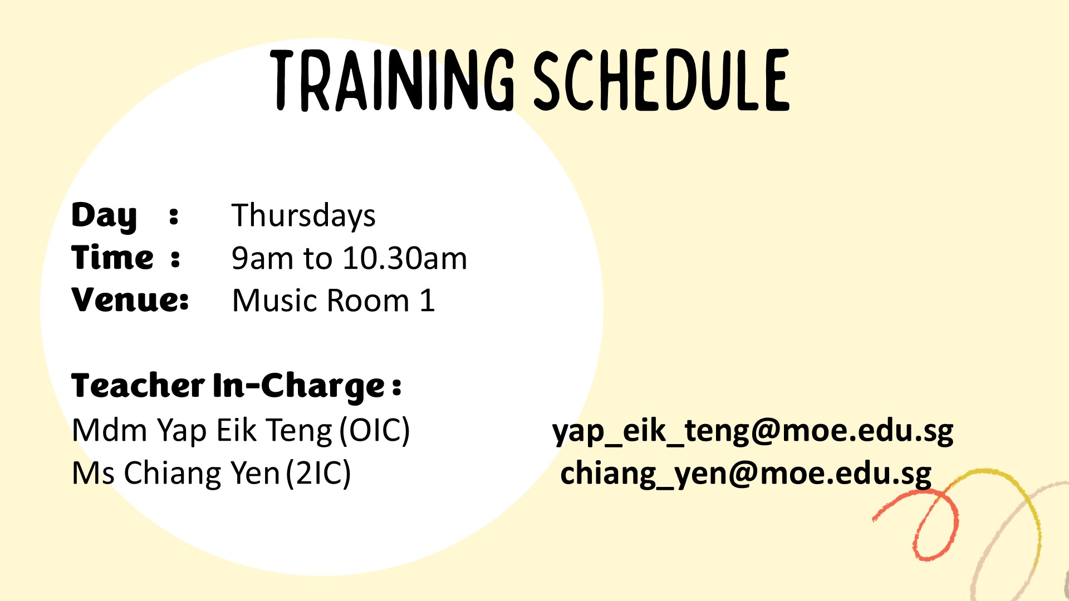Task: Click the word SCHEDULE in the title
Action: (x=661, y=80)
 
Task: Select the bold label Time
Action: (x=112, y=257)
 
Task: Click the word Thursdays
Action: (x=303, y=216)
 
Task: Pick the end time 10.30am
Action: (x=405, y=258)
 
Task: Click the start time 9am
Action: (x=262, y=258)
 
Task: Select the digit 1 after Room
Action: (x=427, y=300)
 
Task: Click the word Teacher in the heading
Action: (x=138, y=386)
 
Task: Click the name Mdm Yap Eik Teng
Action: (x=202, y=431)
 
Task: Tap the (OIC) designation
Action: (x=375, y=430)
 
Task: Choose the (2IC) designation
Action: (x=318, y=474)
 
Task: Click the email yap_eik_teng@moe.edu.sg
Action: (x=753, y=431)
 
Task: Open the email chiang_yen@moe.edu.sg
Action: (x=746, y=474)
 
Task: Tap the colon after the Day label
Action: (x=174, y=216)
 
